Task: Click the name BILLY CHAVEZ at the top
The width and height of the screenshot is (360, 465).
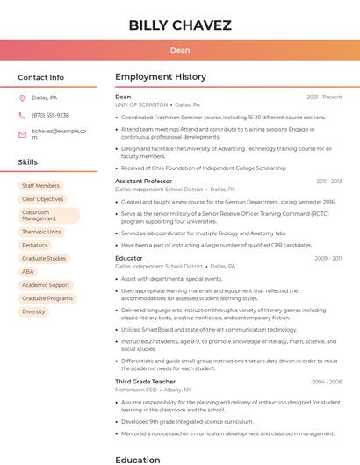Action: [x=180, y=25]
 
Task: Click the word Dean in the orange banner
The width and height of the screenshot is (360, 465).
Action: [x=180, y=50]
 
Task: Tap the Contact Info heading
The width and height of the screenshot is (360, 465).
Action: [x=41, y=77]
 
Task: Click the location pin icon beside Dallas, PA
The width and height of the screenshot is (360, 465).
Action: [x=22, y=98]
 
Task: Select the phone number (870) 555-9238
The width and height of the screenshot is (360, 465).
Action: [x=50, y=115]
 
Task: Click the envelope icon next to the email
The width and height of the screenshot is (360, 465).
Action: [x=22, y=134]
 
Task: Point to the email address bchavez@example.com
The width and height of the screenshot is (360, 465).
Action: [x=59, y=134]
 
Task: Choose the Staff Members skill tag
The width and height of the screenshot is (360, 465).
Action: [x=41, y=186]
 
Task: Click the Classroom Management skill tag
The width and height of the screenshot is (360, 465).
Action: [x=48, y=216]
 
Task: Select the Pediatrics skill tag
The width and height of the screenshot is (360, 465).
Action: [x=35, y=245]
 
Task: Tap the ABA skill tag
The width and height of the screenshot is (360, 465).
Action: [x=28, y=272]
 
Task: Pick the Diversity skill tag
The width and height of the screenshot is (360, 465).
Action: [x=33, y=311]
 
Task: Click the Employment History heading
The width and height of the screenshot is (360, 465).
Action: [x=161, y=77]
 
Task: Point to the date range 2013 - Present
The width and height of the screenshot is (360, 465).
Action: [x=324, y=97]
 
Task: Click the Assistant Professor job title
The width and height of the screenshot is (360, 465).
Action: [x=143, y=182]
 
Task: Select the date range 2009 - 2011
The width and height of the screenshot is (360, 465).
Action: [x=328, y=259]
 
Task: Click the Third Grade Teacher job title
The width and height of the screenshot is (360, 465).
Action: [x=146, y=382]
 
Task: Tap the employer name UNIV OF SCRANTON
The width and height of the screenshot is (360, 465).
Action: [x=140, y=104]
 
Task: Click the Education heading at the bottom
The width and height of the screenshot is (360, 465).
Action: [x=138, y=460]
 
